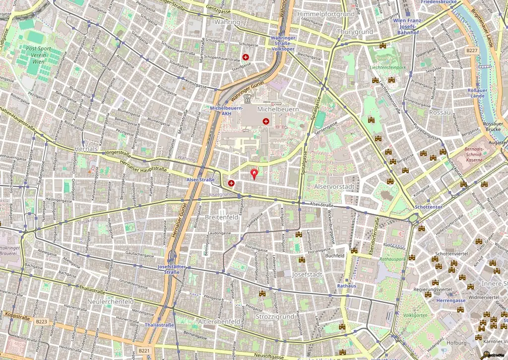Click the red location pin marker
coord(255,174)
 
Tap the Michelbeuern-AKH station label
coord(226,111)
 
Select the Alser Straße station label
coord(200,180)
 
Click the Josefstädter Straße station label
coord(172,269)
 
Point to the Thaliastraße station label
coord(159,325)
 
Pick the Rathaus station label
coord(346,286)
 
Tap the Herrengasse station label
coord(451,300)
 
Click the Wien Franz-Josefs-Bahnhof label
coord(408,26)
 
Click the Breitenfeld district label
coord(222,217)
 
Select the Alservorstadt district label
coord(333,186)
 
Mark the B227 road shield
coord(472,51)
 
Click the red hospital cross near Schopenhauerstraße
coord(246,57)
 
